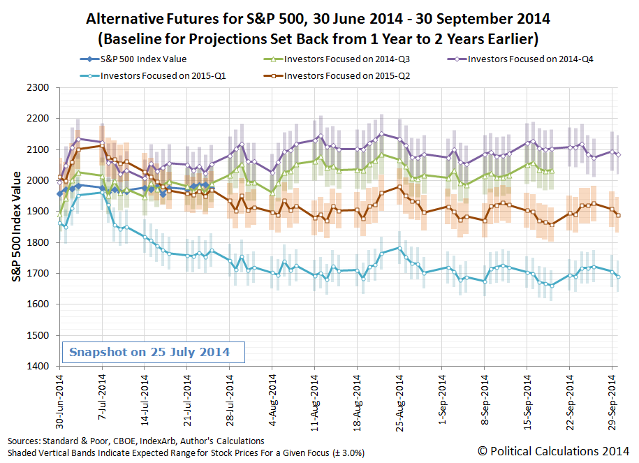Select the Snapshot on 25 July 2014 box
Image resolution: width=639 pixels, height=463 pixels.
click(x=154, y=352)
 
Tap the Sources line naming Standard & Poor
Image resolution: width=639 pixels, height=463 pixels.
click(x=136, y=441)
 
